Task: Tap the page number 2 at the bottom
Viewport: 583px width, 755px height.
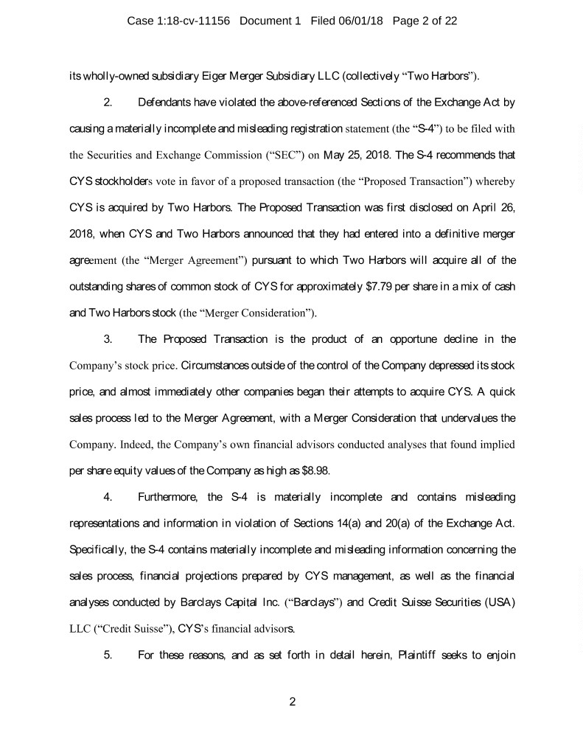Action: tap(292, 700)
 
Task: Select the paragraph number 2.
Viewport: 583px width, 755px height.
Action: tap(108, 100)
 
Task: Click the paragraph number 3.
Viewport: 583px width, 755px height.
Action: tap(108, 340)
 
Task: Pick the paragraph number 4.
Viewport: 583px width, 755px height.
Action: tap(108, 496)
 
